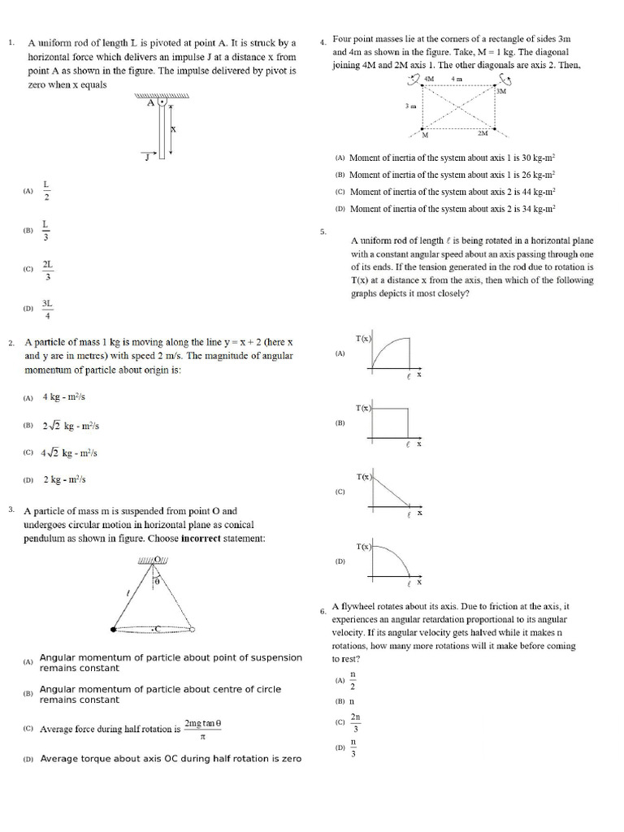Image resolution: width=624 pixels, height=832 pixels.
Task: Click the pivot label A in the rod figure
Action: (x=150, y=103)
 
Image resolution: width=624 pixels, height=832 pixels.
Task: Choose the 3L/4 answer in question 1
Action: (x=47, y=309)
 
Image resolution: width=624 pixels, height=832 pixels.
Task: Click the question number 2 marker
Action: (x=11, y=343)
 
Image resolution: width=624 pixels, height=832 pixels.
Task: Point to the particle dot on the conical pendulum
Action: (x=112, y=629)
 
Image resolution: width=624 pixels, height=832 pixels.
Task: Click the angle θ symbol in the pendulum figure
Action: (x=158, y=582)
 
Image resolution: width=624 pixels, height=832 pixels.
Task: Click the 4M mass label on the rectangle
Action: (x=429, y=79)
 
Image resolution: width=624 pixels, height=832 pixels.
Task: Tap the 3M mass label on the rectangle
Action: (x=500, y=91)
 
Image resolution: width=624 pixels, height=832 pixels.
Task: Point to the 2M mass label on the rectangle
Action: (x=483, y=132)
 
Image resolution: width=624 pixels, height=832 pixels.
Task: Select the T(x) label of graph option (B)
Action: (x=362, y=407)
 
